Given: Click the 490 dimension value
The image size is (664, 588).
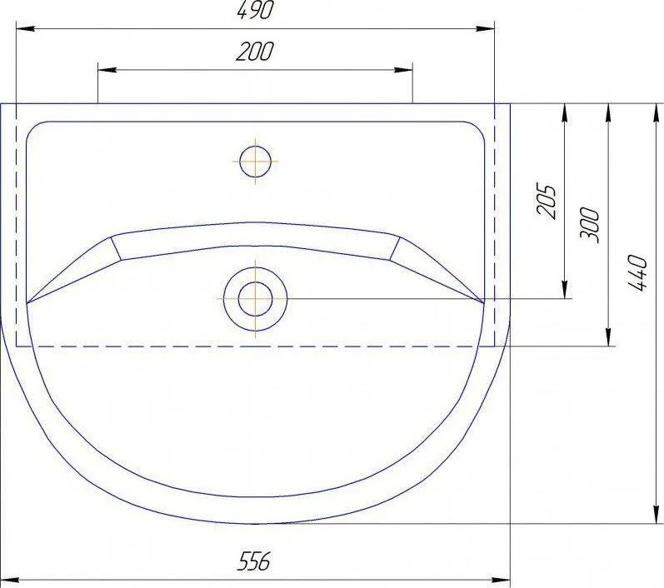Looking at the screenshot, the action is click(255, 11).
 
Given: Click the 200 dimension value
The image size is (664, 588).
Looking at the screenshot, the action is click(255, 52).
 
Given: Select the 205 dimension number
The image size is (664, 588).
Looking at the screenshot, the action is click(546, 201).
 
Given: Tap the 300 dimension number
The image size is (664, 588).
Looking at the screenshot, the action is click(591, 225).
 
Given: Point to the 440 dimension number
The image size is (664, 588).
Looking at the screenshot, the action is click(637, 272).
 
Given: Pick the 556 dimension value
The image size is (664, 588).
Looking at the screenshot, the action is click(253, 561).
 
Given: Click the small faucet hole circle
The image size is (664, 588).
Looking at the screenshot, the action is click(255, 162).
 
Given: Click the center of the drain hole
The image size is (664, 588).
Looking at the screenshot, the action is click(255, 299).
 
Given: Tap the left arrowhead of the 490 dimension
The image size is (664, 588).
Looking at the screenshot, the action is click(25, 29).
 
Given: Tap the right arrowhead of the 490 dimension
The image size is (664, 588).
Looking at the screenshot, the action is click(485, 29).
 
